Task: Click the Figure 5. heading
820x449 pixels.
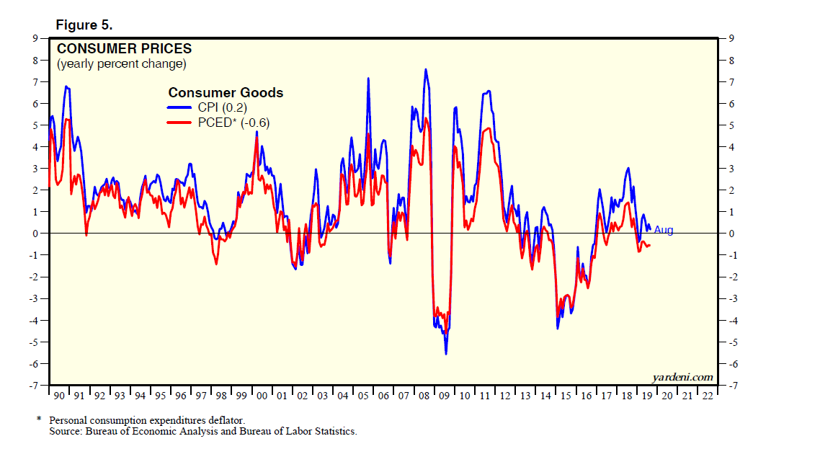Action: (84, 25)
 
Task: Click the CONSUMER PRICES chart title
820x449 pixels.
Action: (124, 49)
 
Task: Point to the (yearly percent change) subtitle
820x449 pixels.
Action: (122, 64)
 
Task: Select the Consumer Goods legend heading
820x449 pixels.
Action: (226, 93)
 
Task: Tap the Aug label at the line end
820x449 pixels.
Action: (664, 230)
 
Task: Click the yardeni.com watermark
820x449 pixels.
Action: (682, 377)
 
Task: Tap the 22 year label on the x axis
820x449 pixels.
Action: (708, 396)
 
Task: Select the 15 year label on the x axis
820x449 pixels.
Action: (566, 396)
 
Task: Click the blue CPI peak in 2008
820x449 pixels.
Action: (426, 69)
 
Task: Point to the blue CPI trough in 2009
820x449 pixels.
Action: (446, 354)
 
